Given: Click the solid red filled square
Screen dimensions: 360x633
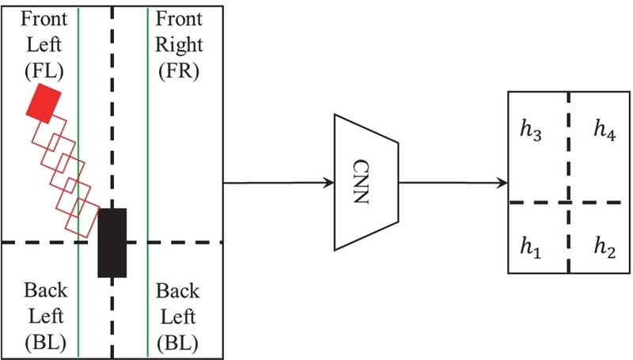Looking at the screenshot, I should click(43, 104).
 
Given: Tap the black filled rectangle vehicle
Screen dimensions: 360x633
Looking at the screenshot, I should click(112, 242).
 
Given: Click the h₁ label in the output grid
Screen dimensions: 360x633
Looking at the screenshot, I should click(531, 245).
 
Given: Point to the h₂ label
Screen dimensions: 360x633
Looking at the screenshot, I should click(605, 245).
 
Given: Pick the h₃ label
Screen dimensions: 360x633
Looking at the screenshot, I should click(531, 131).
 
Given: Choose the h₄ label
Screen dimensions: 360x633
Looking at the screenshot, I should click(605, 131).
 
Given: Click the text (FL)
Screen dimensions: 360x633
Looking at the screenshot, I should click(44, 71).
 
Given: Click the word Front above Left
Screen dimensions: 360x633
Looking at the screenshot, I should click(44, 17).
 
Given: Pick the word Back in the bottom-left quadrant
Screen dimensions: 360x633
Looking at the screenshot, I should click(44, 290).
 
